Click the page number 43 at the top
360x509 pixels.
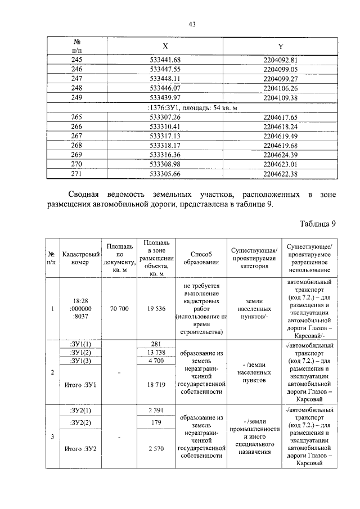pos(191,24)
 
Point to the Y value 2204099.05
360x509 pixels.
pos(280,70)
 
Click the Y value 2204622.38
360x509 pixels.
pos(280,174)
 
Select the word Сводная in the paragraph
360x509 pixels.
pos(79,195)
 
